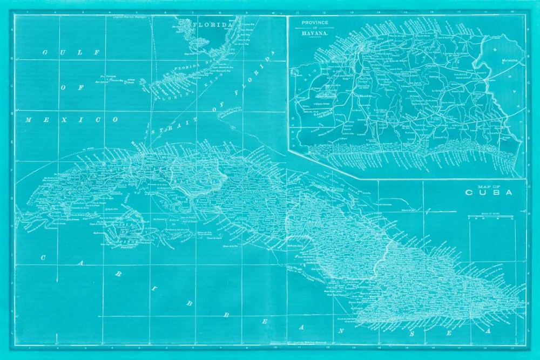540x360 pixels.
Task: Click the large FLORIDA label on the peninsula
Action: point(211,25)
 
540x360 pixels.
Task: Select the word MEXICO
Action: point(71,119)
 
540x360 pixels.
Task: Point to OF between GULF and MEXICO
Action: point(70,86)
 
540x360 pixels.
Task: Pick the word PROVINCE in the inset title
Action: point(315,24)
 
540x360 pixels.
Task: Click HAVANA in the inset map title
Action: point(315,33)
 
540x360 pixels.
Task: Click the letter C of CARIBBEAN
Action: point(43,258)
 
